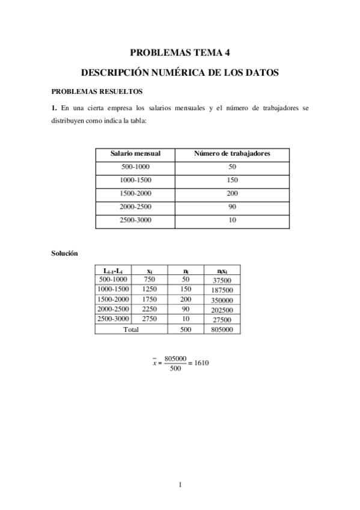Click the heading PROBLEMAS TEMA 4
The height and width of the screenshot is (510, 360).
[x=180, y=52]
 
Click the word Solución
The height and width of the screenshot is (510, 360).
[x=64, y=254]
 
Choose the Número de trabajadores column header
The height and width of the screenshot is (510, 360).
[x=232, y=154]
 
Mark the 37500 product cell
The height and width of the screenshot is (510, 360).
[x=222, y=280]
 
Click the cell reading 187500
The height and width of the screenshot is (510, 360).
[x=222, y=290]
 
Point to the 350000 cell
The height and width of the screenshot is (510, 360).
[x=222, y=300]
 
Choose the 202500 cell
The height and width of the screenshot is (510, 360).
[x=222, y=310]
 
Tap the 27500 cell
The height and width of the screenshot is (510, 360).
[x=222, y=319]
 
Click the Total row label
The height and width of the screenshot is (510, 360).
[x=130, y=329]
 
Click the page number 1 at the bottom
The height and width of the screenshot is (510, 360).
[x=180, y=485]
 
